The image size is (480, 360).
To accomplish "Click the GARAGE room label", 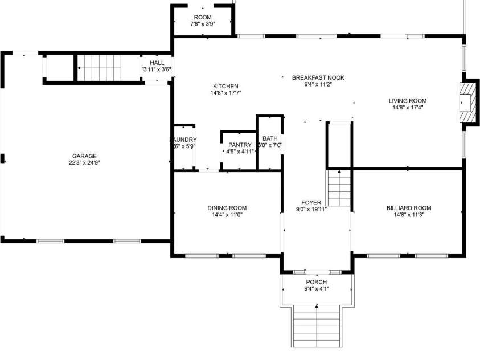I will (x=84, y=156).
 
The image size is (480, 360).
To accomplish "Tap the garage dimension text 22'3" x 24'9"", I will (x=84, y=162).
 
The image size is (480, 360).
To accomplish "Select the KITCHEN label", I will (x=225, y=86).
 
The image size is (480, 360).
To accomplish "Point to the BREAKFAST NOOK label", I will (x=318, y=77).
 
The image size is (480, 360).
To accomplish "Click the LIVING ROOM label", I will (x=409, y=101).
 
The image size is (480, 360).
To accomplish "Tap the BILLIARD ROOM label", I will (x=408, y=208).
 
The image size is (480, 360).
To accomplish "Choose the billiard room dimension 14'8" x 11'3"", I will (x=408, y=215).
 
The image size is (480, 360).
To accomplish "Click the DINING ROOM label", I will (x=227, y=208).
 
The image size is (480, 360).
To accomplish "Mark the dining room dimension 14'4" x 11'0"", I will (x=227, y=215).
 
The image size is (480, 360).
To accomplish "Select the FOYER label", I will (x=311, y=202).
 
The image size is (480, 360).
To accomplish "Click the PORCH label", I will (x=316, y=282).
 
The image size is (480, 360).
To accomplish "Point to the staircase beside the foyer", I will (x=339, y=188).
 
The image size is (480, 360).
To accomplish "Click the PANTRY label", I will (x=239, y=145).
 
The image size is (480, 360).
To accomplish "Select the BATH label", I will (x=270, y=138).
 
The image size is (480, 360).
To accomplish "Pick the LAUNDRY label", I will (x=183, y=140).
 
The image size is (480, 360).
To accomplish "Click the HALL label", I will (x=157, y=63).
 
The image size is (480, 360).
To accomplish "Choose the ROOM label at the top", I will (x=203, y=17).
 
